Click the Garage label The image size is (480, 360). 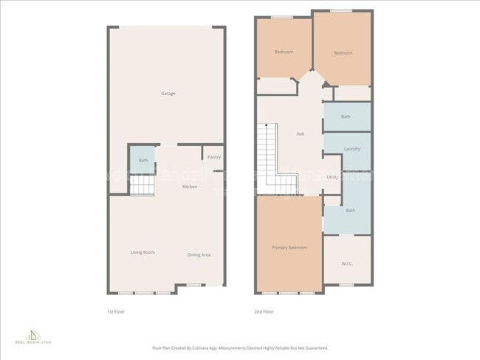pos(168,94)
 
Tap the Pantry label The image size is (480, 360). pos(214,157)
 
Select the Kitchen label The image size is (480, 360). pos(190,187)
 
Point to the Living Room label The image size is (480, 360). pos(143,252)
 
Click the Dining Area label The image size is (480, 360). pos(199,255)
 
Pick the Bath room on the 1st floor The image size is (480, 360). pos(143,160)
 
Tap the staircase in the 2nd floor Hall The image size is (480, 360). pos(267,158)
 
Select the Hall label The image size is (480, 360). pos(300,134)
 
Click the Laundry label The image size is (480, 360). pos(352,149)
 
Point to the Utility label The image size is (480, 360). pos(332,177)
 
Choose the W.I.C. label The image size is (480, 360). pos(347,263)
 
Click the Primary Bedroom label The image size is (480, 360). pos(289,248)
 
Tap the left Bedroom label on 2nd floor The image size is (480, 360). pos(284,52)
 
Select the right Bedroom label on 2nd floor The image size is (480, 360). pos(343,52)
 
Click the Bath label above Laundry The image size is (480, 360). pos(346,117)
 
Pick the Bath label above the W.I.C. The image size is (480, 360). pos(351,211)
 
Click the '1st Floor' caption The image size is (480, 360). pos(116,312)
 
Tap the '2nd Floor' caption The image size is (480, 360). pos(264,312)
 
